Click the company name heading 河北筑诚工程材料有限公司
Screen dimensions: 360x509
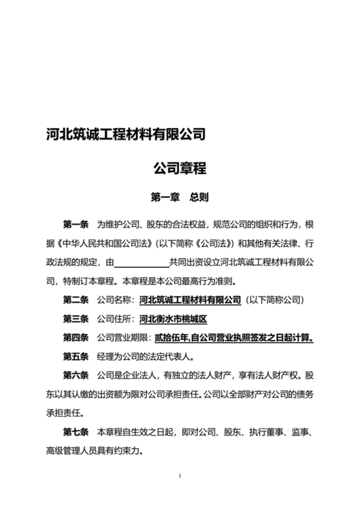(x=123, y=135)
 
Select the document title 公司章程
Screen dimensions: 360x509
(x=179, y=169)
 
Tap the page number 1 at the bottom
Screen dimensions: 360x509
(x=179, y=476)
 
